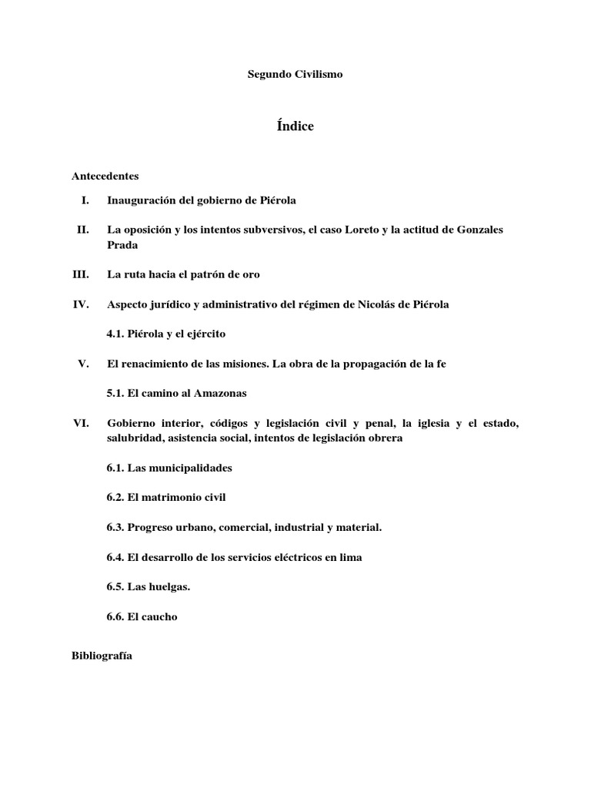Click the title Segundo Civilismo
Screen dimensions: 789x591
[x=295, y=75]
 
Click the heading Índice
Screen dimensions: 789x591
[x=295, y=126]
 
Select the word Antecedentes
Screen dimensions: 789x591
[x=105, y=176]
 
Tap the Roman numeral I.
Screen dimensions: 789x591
[x=85, y=200]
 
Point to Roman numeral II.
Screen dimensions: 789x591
[x=83, y=230]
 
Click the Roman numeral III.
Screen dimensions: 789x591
[x=81, y=274]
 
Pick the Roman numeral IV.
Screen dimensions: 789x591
[x=82, y=304]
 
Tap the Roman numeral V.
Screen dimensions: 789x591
[x=84, y=364]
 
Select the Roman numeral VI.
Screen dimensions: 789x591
[x=81, y=423]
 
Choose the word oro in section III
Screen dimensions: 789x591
[x=261, y=274]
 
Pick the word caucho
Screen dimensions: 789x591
[x=160, y=616]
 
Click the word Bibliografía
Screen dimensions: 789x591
[x=102, y=656]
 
